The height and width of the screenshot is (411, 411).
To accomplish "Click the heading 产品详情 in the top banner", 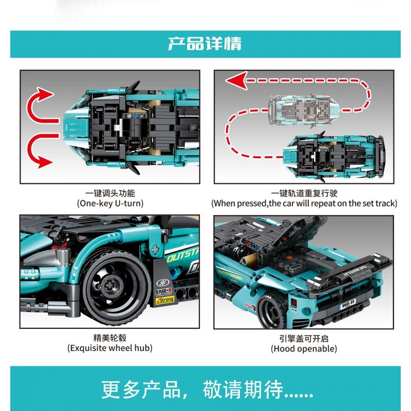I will (x=205, y=43).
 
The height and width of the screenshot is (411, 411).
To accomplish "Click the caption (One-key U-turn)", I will (x=110, y=203).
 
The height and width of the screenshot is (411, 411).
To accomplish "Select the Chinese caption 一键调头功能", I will (x=110, y=193).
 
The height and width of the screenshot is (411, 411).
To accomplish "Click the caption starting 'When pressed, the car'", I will (x=304, y=203).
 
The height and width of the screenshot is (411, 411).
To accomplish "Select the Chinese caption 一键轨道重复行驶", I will (x=304, y=193).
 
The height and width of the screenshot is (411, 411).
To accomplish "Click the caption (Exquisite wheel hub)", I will (x=110, y=348).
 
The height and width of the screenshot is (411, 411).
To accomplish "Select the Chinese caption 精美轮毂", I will (x=110, y=338).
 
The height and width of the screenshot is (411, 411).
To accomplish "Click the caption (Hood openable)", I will (x=304, y=348).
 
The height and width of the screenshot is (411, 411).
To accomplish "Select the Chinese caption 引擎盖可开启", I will (x=304, y=338).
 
